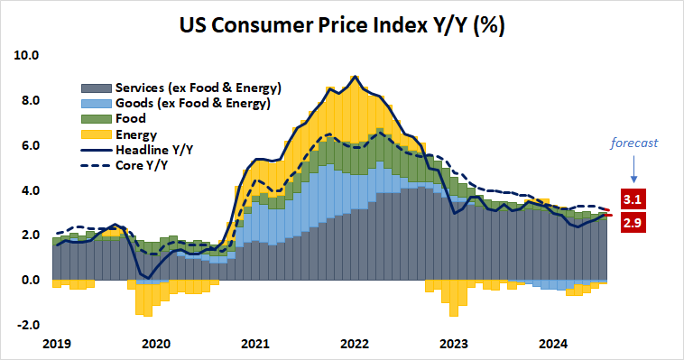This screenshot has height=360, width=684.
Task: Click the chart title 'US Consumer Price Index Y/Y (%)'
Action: pos(342,24)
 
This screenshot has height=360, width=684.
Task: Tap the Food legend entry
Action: pos(133,118)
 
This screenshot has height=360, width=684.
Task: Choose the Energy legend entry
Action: pos(138,134)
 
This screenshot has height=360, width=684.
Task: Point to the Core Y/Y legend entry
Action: pos(143,164)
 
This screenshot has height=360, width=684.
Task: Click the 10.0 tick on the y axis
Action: pos(28,55)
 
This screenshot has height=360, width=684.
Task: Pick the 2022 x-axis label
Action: pos(355,343)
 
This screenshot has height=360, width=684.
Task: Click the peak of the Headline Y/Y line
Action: pos(355,77)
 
